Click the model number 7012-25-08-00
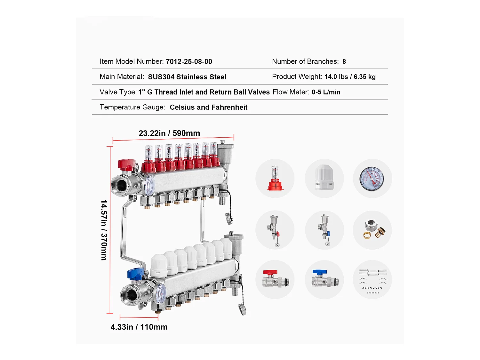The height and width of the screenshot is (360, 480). tap(189, 61)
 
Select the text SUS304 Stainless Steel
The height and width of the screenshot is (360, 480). tap(187, 77)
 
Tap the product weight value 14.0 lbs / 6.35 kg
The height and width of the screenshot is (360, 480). tap(350, 77)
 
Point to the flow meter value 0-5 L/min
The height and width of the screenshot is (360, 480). tap(326, 92)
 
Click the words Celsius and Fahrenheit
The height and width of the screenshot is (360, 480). tap(208, 107)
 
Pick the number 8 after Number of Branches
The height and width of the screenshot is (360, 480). tap(344, 61)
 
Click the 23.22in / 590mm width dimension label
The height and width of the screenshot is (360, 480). tap(169, 133)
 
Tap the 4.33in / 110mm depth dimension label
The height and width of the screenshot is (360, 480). tap(139, 327)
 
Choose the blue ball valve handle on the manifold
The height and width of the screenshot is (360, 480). tap(136, 274)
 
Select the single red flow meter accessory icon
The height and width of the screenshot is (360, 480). tap(275, 179)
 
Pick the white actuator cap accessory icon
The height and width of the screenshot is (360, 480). tap(324, 178)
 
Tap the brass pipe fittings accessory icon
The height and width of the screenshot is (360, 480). tap(372, 230)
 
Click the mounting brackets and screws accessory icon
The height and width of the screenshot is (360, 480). tap(372, 280)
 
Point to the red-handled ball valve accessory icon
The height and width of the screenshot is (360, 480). tap(275, 280)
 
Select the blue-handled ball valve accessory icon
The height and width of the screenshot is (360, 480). tap(324, 280)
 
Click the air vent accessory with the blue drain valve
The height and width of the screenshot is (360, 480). tap(324, 230)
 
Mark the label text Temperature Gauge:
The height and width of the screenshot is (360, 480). tap(132, 107)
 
